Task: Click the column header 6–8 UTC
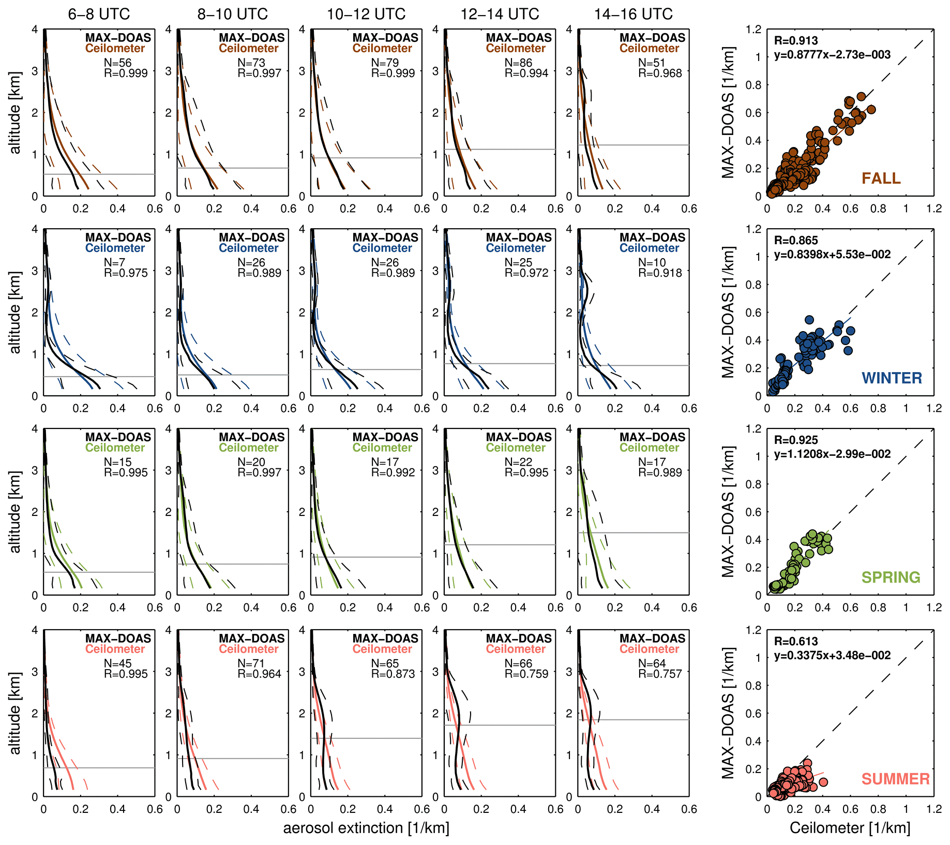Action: (x=99, y=14)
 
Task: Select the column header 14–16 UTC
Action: (x=633, y=14)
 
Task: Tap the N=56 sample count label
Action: (x=118, y=63)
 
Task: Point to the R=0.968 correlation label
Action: (x=660, y=73)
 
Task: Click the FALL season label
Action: (x=881, y=179)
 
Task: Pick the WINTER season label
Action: (x=892, y=378)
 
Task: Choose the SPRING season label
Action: (x=891, y=577)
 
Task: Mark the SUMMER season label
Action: (x=895, y=779)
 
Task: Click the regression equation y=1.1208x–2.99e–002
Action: (x=832, y=454)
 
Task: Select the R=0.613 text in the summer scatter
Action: (x=796, y=641)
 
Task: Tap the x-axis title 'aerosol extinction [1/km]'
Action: (x=366, y=828)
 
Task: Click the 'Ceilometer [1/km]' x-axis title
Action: (x=850, y=828)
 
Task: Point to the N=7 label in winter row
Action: (x=114, y=262)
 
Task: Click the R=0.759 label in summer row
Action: (x=526, y=674)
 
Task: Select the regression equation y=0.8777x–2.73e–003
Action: (x=832, y=55)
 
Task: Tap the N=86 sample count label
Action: (x=519, y=63)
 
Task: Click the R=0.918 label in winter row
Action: (x=660, y=273)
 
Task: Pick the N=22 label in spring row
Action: (x=519, y=462)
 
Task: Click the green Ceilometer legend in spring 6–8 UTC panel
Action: (x=115, y=448)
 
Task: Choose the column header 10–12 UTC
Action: (x=366, y=14)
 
